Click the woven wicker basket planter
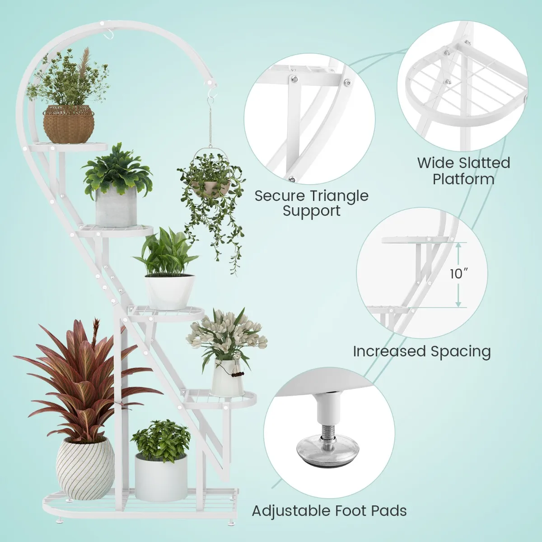pos(68,124)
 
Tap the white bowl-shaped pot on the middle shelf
pos(170,292)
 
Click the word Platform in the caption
pos(463,179)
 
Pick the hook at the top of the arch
pos(106,34)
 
